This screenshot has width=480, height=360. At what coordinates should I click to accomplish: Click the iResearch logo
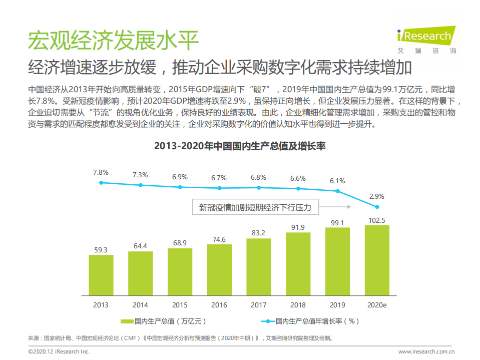(x=425, y=39)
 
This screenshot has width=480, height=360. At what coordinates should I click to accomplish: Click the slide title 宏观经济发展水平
(x=113, y=40)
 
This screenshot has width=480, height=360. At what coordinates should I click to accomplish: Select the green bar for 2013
(x=101, y=275)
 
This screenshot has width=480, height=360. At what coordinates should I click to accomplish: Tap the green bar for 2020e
(x=377, y=260)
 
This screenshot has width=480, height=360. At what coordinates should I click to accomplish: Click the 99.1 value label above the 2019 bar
(x=337, y=222)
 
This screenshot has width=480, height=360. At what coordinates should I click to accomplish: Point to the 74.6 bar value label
(x=219, y=239)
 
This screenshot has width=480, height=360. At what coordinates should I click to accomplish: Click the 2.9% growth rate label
(x=376, y=196)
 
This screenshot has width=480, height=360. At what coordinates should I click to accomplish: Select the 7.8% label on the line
(x=101, y=172)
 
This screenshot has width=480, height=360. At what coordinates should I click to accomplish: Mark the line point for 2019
(x=338, y=191)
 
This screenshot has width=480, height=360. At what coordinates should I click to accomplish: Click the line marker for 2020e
(x=377, y=207)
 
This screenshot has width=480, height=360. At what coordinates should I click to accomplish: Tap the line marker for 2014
(x=141, y=185)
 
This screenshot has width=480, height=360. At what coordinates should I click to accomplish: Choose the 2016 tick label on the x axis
(x=219, y=304)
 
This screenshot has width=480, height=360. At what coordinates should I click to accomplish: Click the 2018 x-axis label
(x=298, y=304)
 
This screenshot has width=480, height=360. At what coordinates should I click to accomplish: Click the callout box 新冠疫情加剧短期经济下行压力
(x=255, y=207)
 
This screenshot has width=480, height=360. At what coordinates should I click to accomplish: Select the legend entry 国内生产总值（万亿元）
(x=163, y=321)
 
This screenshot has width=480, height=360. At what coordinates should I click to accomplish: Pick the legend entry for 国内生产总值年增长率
(x=310, y=321)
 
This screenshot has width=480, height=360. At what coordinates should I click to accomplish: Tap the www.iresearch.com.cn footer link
(x=427, y=351)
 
